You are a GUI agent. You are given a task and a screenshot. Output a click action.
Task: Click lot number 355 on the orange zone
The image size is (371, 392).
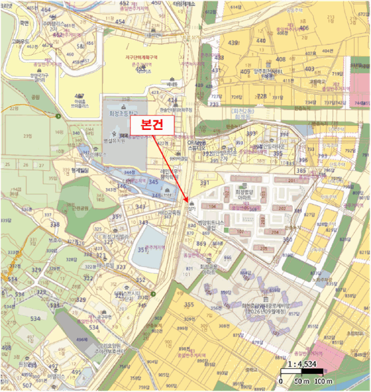coord(189,305)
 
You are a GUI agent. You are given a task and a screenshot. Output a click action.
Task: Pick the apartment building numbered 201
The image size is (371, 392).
coord(291,180)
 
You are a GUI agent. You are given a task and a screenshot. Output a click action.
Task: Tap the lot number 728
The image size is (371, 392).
coord(261,96)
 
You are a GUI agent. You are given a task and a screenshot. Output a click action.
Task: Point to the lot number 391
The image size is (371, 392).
coord(204,183)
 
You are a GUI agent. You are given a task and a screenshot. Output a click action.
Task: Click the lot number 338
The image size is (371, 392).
coord(54,225)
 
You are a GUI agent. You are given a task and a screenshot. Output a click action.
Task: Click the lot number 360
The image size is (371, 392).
coord(287,240)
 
